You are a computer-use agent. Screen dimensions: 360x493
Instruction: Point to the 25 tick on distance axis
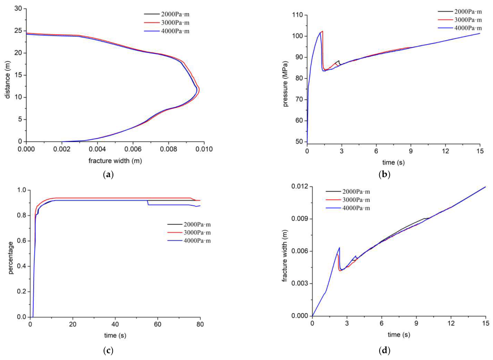click(18, 30)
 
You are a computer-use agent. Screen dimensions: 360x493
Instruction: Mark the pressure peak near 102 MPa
click(322, 31)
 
